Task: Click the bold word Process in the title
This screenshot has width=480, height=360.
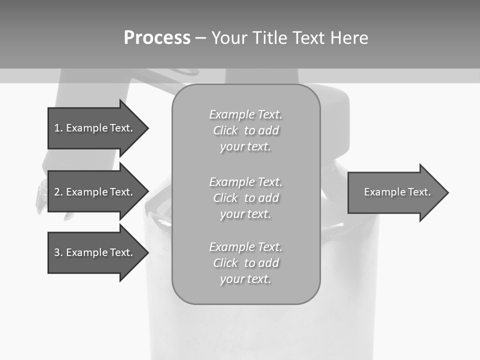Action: tap(157, 38)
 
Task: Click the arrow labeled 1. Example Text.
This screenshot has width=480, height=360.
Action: tap(95, 128)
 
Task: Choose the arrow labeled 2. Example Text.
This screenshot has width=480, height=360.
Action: tap(95, 192)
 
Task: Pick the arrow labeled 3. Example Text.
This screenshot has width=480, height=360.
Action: tap(95, 252)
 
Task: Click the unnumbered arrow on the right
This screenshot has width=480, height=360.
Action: tap(395, 192)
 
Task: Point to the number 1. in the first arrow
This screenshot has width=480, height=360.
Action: tap(58, 128)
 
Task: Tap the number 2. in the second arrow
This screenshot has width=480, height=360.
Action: tap(58, 192)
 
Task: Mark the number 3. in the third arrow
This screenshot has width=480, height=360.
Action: tap(58, 252)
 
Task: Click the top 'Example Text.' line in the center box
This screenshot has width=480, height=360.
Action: tap(245, 114)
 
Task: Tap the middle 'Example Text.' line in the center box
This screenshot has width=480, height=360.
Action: tap(245, 181)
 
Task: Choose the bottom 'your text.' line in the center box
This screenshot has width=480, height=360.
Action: tap(245, 279)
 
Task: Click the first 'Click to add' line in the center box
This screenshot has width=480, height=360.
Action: tap(245, 130)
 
